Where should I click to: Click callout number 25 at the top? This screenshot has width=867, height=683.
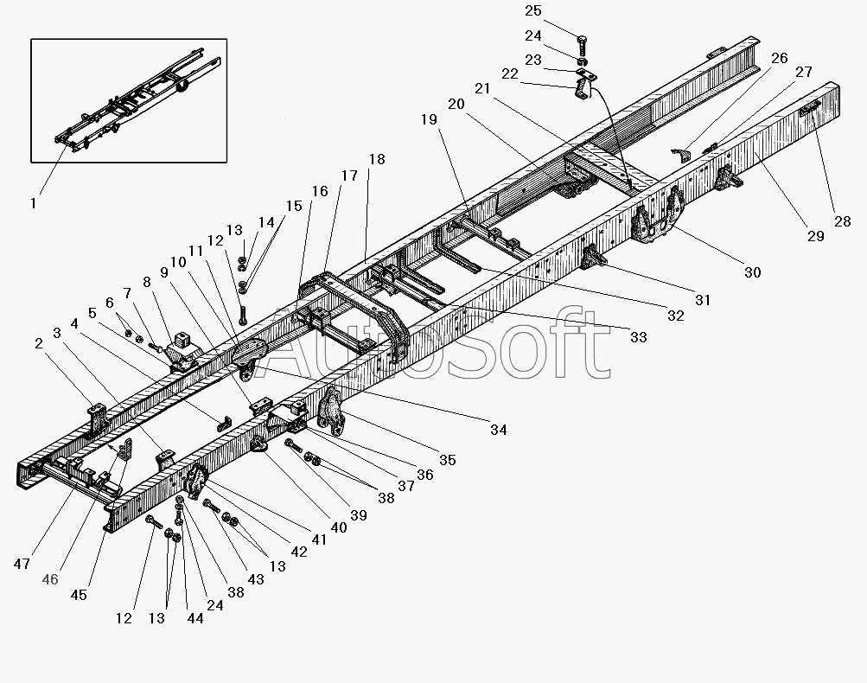pos(533,11)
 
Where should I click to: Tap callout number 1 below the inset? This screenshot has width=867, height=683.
pos(33,203)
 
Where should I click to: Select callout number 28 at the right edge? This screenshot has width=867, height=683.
pos(842,221)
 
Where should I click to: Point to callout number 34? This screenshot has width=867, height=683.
pos(498,429)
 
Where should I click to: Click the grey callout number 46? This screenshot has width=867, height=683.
pos(50,579)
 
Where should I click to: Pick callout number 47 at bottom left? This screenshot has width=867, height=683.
pos(22,564)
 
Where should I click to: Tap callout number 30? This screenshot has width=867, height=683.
pos(752,272)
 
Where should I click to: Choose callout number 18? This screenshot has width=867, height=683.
pos(377,159)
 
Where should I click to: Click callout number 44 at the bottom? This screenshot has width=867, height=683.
pos(194,618)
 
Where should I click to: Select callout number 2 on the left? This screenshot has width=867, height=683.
pos(39,343)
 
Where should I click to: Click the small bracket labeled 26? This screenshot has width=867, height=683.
pos(682,154)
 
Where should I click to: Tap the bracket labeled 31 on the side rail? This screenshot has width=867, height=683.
pos(593,257)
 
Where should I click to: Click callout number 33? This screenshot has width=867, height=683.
pos(638,337)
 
